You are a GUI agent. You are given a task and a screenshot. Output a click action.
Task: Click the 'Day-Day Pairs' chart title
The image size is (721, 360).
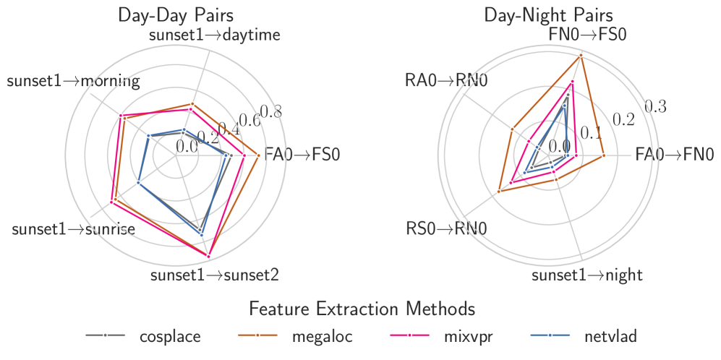[179, 15]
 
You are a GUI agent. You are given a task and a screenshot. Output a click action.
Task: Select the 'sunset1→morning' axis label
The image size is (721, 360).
[73, 80]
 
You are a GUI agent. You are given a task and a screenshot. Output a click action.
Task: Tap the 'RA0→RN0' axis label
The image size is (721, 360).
[446, 80]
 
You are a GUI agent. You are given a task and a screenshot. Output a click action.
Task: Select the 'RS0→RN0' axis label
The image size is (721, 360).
[446, 229]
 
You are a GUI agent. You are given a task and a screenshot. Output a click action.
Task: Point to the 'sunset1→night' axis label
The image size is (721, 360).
[587, 275]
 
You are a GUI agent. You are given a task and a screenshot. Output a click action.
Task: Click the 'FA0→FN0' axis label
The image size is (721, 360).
[675, 155]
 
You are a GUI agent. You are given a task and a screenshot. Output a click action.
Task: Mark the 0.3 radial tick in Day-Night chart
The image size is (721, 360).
[655, 106]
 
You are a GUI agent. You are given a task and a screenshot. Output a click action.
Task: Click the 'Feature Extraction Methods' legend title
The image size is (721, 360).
[361, 309]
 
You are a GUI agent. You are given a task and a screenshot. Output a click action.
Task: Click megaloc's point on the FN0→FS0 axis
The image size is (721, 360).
[581, 55]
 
